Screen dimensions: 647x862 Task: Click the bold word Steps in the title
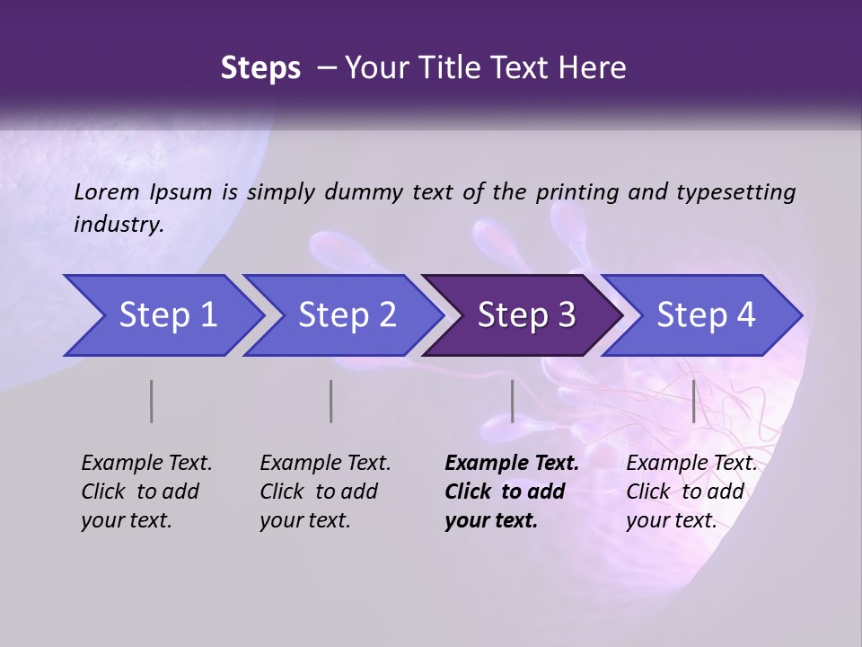pos(260,68)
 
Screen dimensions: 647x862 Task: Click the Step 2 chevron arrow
pos(346,315)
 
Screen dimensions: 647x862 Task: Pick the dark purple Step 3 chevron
pos(525,315)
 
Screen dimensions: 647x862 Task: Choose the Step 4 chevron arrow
pos(705,315)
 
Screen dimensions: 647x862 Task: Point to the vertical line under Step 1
pos(151,401)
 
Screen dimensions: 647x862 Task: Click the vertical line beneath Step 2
pos(331,401)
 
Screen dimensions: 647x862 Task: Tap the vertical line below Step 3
pos(512,401)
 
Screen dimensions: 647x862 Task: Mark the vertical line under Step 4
pos(693,401)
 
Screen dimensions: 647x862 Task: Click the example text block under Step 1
pos(146,492)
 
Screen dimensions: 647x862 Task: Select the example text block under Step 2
pos(325,492)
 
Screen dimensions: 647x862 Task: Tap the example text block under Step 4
pos(691,492)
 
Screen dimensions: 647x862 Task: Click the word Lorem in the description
pos(107,192)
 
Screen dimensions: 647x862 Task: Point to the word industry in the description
pos(119,225)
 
